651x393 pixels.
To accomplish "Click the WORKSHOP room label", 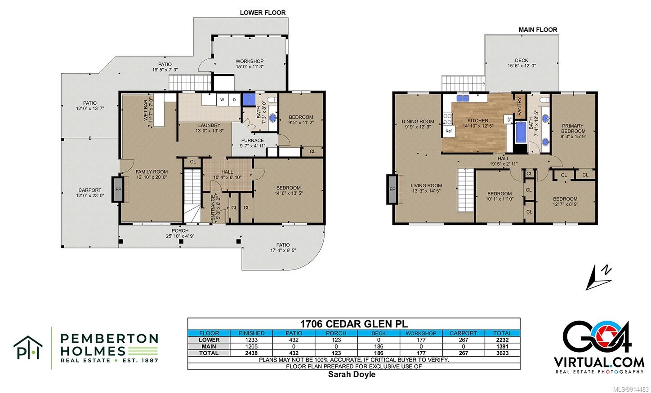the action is point(250,61).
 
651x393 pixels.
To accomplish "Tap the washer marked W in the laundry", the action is point(223,100).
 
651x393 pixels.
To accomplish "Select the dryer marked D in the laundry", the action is point(234,100).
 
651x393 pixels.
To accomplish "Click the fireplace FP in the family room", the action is point(118,190).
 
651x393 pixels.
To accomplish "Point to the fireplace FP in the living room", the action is point(392,189).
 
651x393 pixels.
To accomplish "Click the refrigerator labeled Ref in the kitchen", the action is point(449,131).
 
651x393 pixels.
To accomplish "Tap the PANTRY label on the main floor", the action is point(519,106).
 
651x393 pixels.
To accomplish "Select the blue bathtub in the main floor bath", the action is point(521,132).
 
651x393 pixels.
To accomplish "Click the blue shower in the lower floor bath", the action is point(249,99).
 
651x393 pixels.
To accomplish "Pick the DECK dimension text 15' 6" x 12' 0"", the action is point(522,66).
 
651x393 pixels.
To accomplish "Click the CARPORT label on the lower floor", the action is point(89,190).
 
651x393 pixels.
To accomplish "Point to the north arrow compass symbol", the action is point(599,278).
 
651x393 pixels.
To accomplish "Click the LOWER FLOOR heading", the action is point(263,13).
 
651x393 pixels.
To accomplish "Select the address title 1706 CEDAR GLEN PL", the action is point(354,324).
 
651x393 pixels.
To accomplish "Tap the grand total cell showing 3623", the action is point(502,353).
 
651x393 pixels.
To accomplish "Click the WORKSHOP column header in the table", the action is point(421,333).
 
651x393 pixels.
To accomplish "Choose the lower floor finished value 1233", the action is point(251,340).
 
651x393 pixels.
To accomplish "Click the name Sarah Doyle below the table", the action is point(352,375).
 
